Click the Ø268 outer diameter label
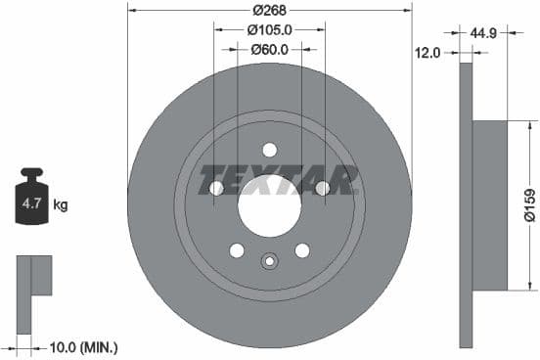pos(269,11)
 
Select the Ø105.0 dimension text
pos(269,30)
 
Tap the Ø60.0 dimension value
pos(269,49)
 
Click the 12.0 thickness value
pos(429,53)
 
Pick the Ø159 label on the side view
pos(528,204)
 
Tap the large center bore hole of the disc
pos(269,205)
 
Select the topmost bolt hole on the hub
pos(269,150)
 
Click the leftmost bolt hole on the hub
pos(217,188)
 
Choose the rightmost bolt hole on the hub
pos(322,188)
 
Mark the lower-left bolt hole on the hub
pos(237,250)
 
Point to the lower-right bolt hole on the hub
pos(302,250)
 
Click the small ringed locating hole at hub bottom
pos(269,261)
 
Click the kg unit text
pos(60,205)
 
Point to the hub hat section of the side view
pos(492,204)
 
